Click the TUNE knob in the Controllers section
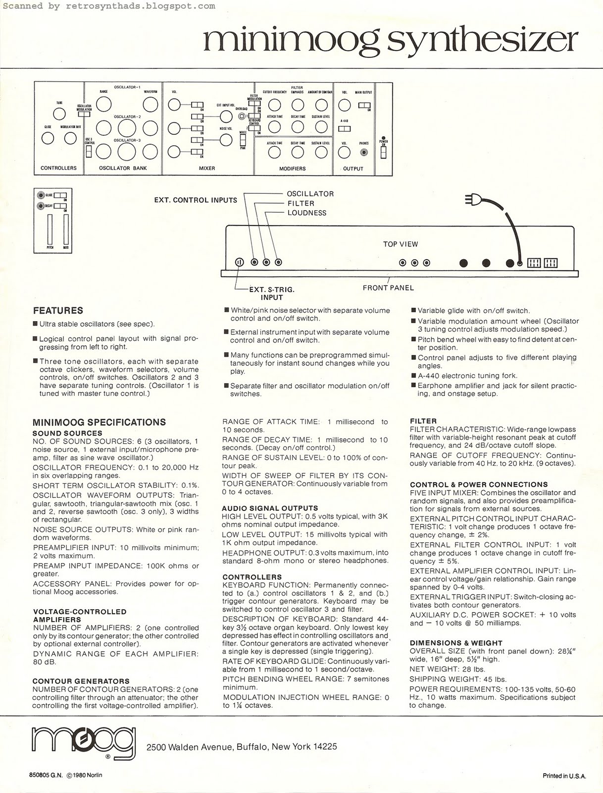59,113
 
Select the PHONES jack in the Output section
364,153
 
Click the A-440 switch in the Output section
345,129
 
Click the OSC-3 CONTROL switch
89,151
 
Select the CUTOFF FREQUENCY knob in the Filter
274,105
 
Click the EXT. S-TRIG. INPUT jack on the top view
239,262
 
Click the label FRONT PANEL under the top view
388,287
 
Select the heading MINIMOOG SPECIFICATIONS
99,422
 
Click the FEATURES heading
58,311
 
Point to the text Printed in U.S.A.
564,776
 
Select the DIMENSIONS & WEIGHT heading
456,643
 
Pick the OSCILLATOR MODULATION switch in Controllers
84,113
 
